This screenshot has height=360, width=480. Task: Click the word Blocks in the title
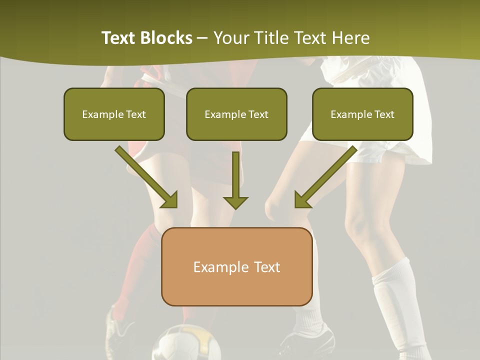(x=167, y=38)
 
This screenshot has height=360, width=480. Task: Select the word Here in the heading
(x=352, y=38)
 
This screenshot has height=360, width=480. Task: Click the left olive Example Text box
(x=114, y=114)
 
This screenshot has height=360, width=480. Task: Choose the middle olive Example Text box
(x=236, y=114)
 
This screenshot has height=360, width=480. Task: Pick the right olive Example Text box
(x=362, y=114)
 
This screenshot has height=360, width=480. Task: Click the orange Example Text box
(x=236, y=266)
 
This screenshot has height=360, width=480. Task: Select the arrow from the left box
(x=147, y=177)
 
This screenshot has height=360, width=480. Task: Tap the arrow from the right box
(x=325, y=177)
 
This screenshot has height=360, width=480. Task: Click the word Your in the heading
(x=231, y=38)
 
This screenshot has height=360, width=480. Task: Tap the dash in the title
(x=202, y=38)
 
